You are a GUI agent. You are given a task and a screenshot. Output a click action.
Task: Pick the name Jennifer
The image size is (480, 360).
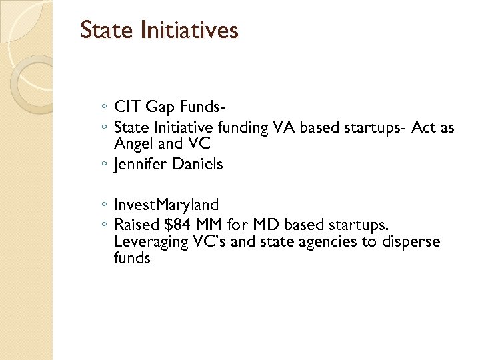141,164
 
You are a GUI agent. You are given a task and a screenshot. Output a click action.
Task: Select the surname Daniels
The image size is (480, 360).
197,164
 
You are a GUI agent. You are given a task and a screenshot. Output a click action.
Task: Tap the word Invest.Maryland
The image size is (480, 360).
166,204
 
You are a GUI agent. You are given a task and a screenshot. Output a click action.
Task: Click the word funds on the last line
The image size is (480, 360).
132,258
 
